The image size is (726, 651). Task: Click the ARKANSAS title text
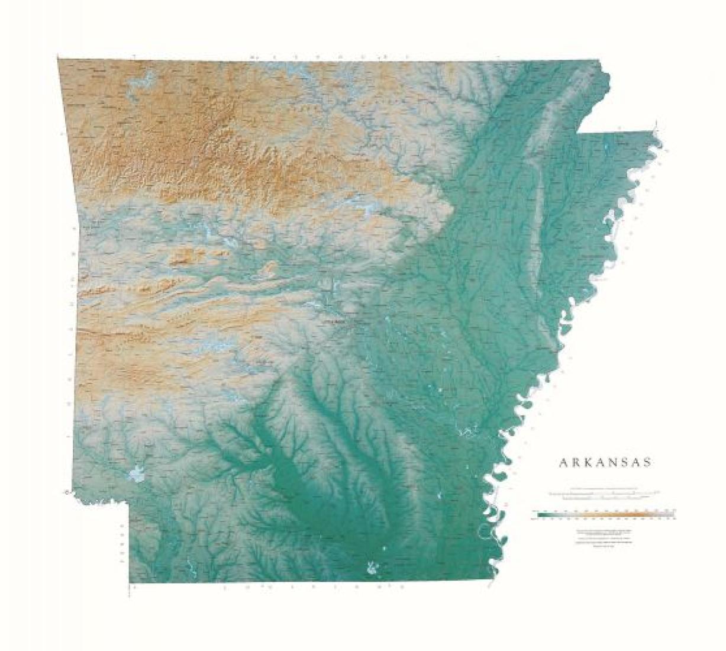(x=605, y=463)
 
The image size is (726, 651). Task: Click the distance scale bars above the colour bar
(x=604, y=494)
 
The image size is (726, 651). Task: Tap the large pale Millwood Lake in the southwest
(x=137, y=474)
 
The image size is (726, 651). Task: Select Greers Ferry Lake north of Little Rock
(x=355, y=207)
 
